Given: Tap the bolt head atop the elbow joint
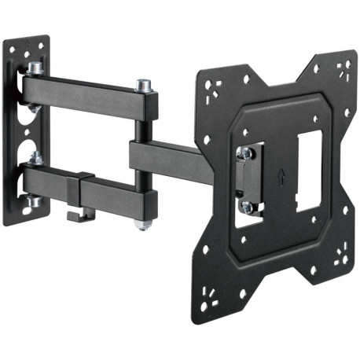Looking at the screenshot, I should click(143, 83).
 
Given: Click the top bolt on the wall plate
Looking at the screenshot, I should click(36, 69).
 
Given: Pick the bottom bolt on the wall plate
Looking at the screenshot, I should click(35, 202).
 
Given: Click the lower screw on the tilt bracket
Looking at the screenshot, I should click(247, 206).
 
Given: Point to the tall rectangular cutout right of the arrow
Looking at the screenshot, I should click(309, 168).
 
